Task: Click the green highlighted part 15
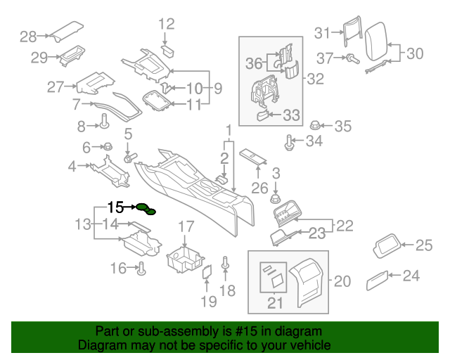pyautogui.click(x=147, y=209)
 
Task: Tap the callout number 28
pyautogui.click(x=29, y=37)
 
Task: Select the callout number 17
pyautogui.click(x=185, y=226)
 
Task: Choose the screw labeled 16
pyautogui.click(x=141, y=267)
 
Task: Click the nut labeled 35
pyautogui.click(x=316, y=126)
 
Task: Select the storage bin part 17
pyautogui.click(x=184, y=258)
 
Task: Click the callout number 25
pyautogui.click(x=424, y=245)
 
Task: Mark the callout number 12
pyautogui.click(x=165, y=25)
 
